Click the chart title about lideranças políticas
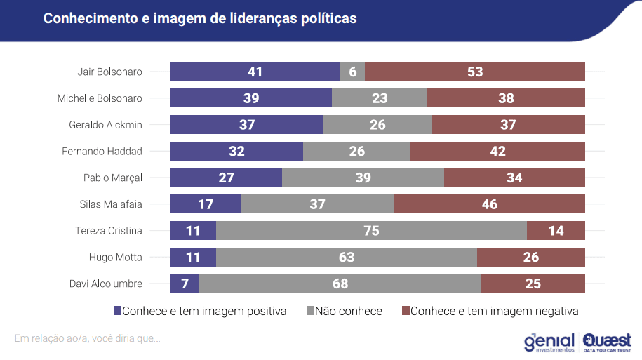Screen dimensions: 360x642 point(200,18)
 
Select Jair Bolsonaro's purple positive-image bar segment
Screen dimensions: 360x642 point(255,72)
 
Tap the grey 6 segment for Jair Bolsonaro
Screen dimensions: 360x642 point(352,72)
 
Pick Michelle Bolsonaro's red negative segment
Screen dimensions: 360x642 point(506,98)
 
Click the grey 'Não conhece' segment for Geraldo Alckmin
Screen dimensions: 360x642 point(377,125)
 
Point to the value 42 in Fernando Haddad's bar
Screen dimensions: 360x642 point(497,151)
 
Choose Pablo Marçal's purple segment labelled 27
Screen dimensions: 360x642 point(226,178)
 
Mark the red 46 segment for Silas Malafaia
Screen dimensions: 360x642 point(490,204)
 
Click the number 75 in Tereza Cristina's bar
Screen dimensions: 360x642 point(371,231)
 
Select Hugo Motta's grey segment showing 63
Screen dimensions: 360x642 point(347,258)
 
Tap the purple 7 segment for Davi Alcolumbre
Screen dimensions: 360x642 point(185,284)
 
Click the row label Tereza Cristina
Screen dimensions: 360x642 point(109,231)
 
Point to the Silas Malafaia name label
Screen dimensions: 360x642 point(111,204)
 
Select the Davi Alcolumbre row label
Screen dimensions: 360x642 point(106,284)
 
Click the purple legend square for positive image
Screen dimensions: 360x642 point(117,311)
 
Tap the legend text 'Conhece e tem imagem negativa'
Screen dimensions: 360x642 point(494,311)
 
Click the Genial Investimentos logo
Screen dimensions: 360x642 point(549,342)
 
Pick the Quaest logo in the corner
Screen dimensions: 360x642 point(607,342)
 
